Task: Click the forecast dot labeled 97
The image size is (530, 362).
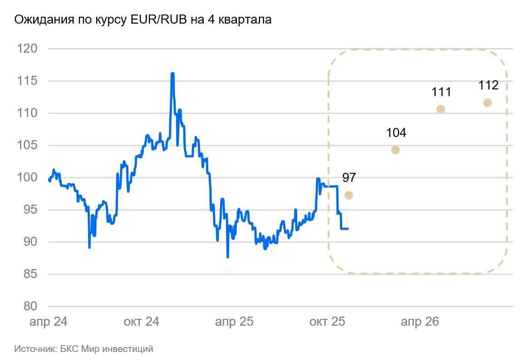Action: click(348, 195)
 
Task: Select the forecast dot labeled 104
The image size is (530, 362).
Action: click(395, 150)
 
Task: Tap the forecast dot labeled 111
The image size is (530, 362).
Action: click(441, 109)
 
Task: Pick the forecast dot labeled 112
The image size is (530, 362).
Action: click(488, 103)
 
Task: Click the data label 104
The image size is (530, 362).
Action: click(396, 133)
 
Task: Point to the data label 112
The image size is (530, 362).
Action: click(488, 85)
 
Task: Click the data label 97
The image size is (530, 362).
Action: click(348, 178)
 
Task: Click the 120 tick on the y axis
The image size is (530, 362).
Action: click(27, 49)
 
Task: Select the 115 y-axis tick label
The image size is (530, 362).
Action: click(27, 81)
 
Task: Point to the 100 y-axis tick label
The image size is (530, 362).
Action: click(27, 177)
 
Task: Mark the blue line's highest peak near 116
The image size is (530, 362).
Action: click(172, 73)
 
